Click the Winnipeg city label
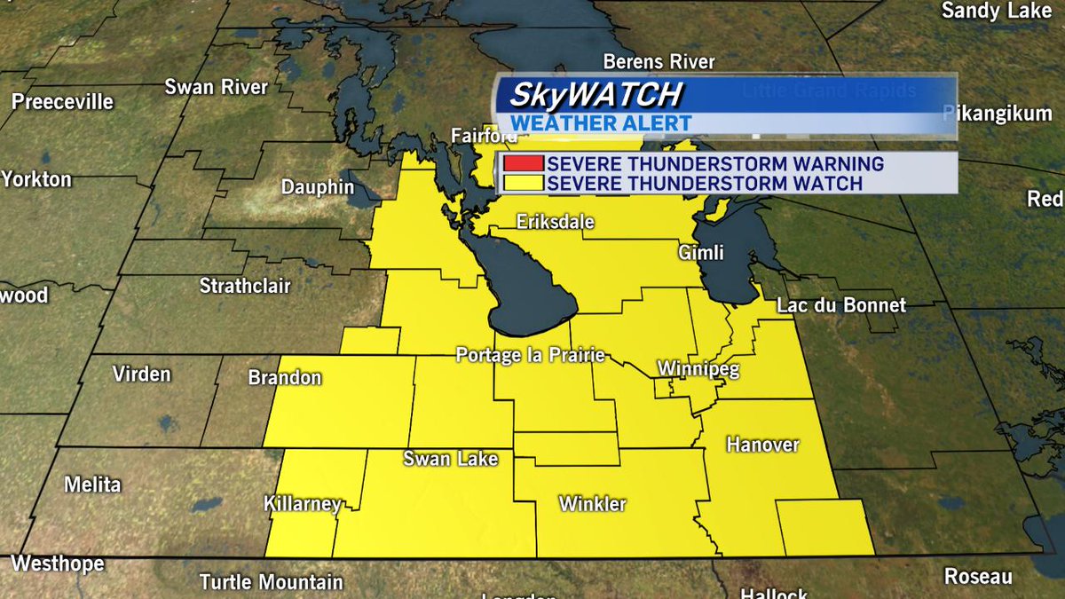[698, 369]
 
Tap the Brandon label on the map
[284, 378]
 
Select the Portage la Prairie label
[530, 355]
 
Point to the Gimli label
[702, 253]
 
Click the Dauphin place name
[317, 187]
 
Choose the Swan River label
[216, 87]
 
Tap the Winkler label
[592, 504]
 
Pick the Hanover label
[762, 444]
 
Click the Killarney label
[303, 504]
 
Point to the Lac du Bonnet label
[840, 305]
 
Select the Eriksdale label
[556, 222]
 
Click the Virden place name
[141, 374]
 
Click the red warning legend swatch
[522, 164]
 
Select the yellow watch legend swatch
[522, 184]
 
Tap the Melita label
[92, 485]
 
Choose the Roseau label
[977, 576]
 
